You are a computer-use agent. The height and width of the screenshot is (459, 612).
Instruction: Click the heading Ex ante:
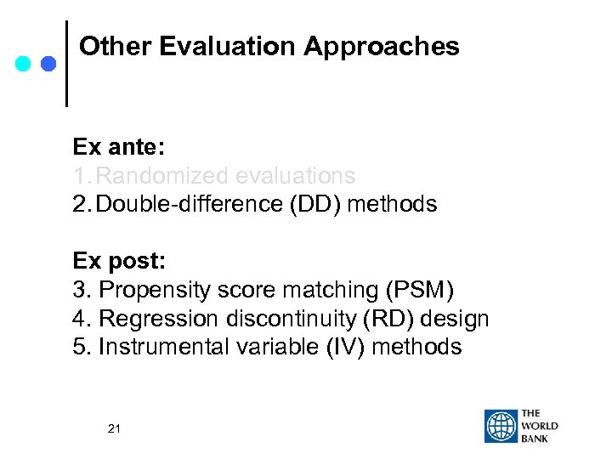tap(118, 147)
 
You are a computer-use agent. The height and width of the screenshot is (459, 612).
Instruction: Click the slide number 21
tap(115, 429)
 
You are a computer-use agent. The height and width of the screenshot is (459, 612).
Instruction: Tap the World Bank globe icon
tap(501, 426)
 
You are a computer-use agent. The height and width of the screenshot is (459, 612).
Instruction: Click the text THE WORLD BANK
tap(540, 426)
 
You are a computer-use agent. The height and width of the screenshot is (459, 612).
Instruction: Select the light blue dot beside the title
tap(25, 63)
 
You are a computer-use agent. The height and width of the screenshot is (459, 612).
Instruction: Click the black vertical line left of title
tap(67, 64)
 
